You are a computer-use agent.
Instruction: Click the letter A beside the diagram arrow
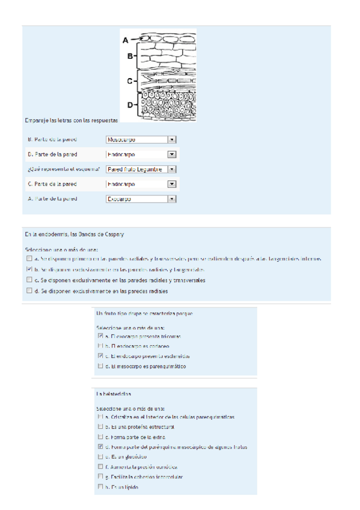(126, 40)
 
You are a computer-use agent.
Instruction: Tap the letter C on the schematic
(129, 80)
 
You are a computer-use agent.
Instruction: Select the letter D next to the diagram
(130, 105)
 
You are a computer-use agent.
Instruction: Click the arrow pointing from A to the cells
(136, 40)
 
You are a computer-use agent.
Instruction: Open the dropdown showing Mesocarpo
(141, 140)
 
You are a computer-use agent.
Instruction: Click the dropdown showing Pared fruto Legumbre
(141, 169)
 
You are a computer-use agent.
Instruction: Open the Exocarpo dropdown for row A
(141, 198)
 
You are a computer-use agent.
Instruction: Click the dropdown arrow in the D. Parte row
(172, 155)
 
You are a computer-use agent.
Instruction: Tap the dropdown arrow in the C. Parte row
(172, 184)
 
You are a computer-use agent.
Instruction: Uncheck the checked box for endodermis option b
(29, 269)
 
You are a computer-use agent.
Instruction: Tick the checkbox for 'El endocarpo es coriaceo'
(100, 346)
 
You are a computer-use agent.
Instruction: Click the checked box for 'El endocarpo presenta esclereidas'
(100, 356)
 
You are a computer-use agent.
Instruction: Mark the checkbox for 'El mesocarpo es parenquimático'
(100, 366)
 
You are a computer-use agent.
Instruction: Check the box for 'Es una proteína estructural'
(100, 426)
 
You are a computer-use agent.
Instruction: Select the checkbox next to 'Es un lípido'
(100, 487)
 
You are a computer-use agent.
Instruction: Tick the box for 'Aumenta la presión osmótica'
(100, 467)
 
